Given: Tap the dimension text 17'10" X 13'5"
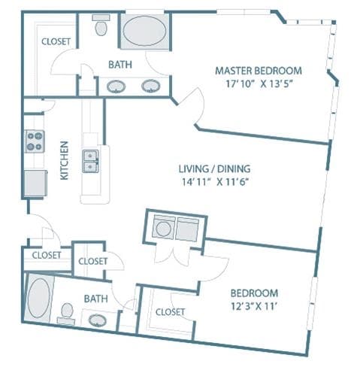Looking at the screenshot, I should coord(258,83).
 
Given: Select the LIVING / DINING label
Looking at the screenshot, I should coord(214,168).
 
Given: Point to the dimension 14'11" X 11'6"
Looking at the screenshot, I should coord(214,182).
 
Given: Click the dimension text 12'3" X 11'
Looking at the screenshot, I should coord(253,305).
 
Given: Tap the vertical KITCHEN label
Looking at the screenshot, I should coord(65,160).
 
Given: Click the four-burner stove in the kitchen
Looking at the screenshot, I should coord(35,141).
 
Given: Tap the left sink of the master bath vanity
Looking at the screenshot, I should coord(116,86).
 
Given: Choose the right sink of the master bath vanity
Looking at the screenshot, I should coord(153,86).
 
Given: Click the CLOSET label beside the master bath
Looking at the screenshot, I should coord(56,42).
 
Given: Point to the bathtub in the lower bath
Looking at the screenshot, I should coord(38,299).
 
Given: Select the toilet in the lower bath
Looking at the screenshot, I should coord(66,311).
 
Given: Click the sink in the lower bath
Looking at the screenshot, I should coord(98,320).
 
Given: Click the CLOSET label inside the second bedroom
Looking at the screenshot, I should coord(170,311).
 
